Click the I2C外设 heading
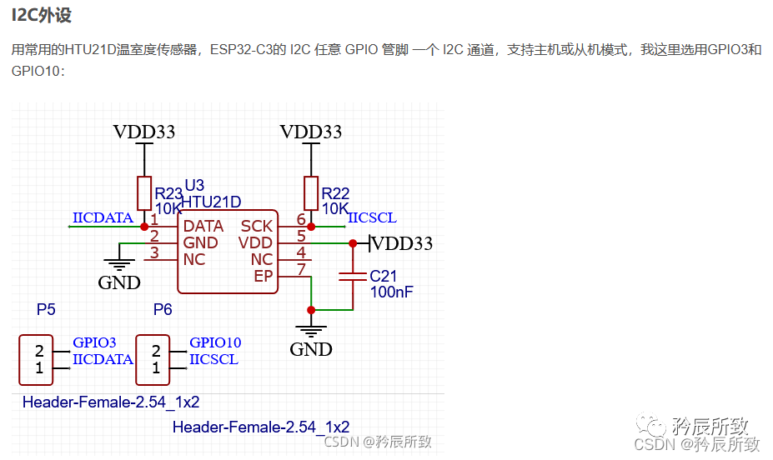coord(43,17)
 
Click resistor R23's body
coord(144,192)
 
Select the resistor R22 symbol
coord(311,192)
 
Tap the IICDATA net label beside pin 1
coord(103,218)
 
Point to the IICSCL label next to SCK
coord(372,218)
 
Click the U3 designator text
coord(193,185)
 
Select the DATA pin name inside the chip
coord(203,227)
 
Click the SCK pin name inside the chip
coord(257,227)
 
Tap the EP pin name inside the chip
coord(264,276)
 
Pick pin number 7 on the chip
coord(301,269)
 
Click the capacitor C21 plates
coord(353,276)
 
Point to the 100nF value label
coord(392,292)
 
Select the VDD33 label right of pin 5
coord(404,243)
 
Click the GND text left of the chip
coord(119,282)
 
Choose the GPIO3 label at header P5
coord(94,342)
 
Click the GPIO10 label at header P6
coord(215,342)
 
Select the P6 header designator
coord(163,309)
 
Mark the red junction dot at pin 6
coord(311,226)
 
